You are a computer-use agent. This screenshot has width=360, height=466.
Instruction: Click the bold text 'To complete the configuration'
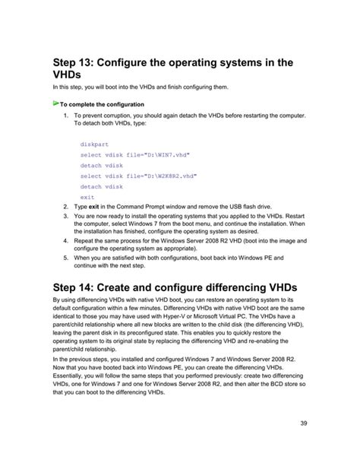point(102,105)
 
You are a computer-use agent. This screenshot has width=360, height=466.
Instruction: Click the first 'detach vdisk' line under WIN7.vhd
point(101,164)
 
